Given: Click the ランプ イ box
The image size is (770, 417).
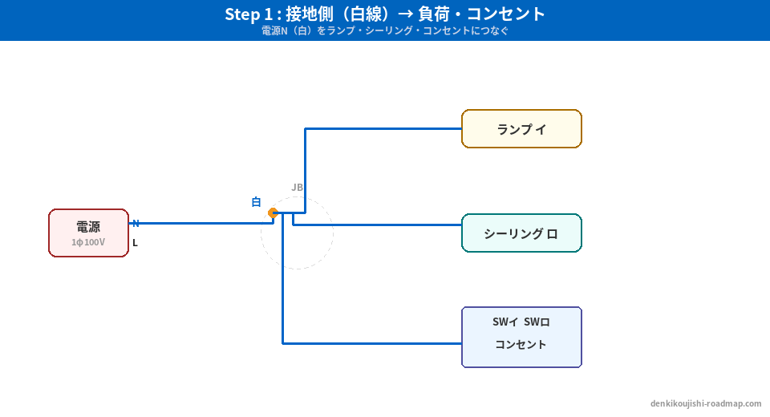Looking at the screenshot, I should pos(521,129).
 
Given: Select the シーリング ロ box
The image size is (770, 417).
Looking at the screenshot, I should pos(521,233).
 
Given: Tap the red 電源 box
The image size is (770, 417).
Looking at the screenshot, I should pos(88,233).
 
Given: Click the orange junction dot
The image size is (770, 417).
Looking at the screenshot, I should pos(273,213).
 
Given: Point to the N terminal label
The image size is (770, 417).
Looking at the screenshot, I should pos(136,224).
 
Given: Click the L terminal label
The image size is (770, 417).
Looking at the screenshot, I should pos(135,243).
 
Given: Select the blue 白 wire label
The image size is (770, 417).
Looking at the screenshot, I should pos(256,202).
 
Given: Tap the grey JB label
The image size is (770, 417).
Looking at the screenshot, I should pos(297,188).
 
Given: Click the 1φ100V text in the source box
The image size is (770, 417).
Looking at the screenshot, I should pos(88,242).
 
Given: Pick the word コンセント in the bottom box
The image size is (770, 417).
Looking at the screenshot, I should pos(521,345).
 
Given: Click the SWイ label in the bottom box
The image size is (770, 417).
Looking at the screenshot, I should pos(505,322).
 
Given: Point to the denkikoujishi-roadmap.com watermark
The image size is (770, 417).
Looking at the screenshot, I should pos(706,404).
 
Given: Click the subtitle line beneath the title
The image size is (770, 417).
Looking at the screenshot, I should pos(385,31).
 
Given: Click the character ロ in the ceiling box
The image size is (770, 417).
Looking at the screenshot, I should pos(552,234).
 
